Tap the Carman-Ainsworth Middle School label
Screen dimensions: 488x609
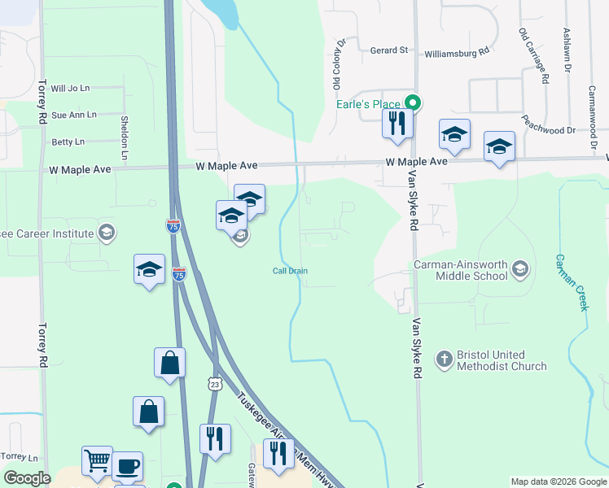462,270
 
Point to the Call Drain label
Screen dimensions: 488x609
290,271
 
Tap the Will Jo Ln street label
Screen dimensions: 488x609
70,88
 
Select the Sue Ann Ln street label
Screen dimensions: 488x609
73,115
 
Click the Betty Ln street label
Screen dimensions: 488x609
68,142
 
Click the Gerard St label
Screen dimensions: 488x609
389,50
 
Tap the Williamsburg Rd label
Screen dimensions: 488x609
457,53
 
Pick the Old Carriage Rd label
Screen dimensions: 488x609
533,55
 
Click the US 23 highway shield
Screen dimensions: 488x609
214,383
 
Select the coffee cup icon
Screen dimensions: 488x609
127,467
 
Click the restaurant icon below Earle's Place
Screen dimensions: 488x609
397,123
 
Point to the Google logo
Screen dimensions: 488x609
27,478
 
